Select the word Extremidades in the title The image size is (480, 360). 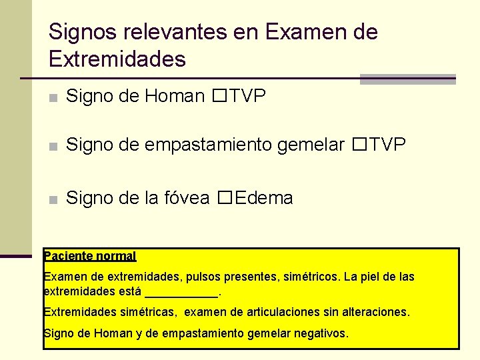[x=117, y=60]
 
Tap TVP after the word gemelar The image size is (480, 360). [x=387, y=144]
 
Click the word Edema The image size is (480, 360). [x=264, y=198]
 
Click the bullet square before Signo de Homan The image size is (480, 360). [x=53, y=98]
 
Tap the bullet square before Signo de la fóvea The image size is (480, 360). [x=53, y=199]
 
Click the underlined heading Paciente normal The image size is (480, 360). [x=89, y=256]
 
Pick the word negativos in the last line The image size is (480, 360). [x=323, y=333]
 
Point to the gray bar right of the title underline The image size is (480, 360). [x=407, y=79]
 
